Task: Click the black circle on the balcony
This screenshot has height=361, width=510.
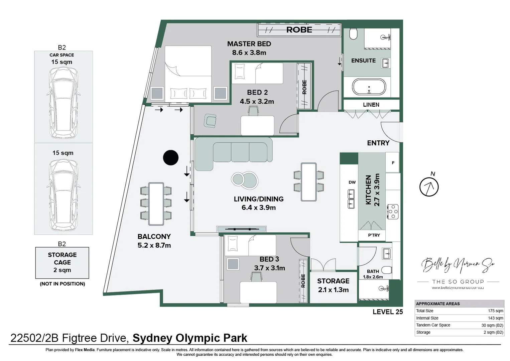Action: (x=171, y=157)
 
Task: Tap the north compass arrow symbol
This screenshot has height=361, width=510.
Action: (x=429, y=187)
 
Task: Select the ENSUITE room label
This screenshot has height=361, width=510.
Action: (x=363, y=61)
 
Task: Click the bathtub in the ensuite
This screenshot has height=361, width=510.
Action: (x=369, y=87)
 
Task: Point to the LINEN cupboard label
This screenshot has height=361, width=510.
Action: (x=371, y=105)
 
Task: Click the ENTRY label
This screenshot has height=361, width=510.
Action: (x=378, y=143)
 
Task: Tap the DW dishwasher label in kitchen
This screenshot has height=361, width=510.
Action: (x=352, y=182)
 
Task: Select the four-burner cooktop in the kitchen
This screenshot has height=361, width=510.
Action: (x=393, y=212)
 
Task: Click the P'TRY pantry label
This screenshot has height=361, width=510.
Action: (x=374, y=235)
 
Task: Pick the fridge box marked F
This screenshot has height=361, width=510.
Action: (x=393, y=163)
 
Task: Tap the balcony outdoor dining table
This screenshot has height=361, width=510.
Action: (x=156, y=204)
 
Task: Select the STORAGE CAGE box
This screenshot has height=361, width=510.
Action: (x=62, y=262)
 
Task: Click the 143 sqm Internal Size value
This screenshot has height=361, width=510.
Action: (x=496, y=318)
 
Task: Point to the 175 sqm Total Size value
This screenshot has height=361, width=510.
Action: (x=496, y=311)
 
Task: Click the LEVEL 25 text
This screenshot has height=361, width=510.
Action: (x=388, y=312)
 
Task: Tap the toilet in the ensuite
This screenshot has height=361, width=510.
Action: (x=353, y=33)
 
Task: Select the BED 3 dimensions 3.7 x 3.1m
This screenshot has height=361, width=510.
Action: (x=269, y=268)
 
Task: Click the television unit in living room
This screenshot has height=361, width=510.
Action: (x=241, y=229)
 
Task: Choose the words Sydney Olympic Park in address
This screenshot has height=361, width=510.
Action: (x=190, y=338)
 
